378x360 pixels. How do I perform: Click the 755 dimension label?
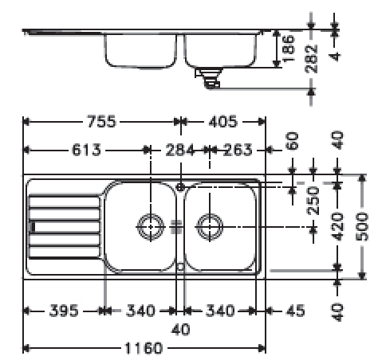click(100, 122)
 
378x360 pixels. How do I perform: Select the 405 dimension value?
click(222, 122)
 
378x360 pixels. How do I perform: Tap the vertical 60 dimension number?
click(292, 143)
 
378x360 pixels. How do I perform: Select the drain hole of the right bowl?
click(209, 226)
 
